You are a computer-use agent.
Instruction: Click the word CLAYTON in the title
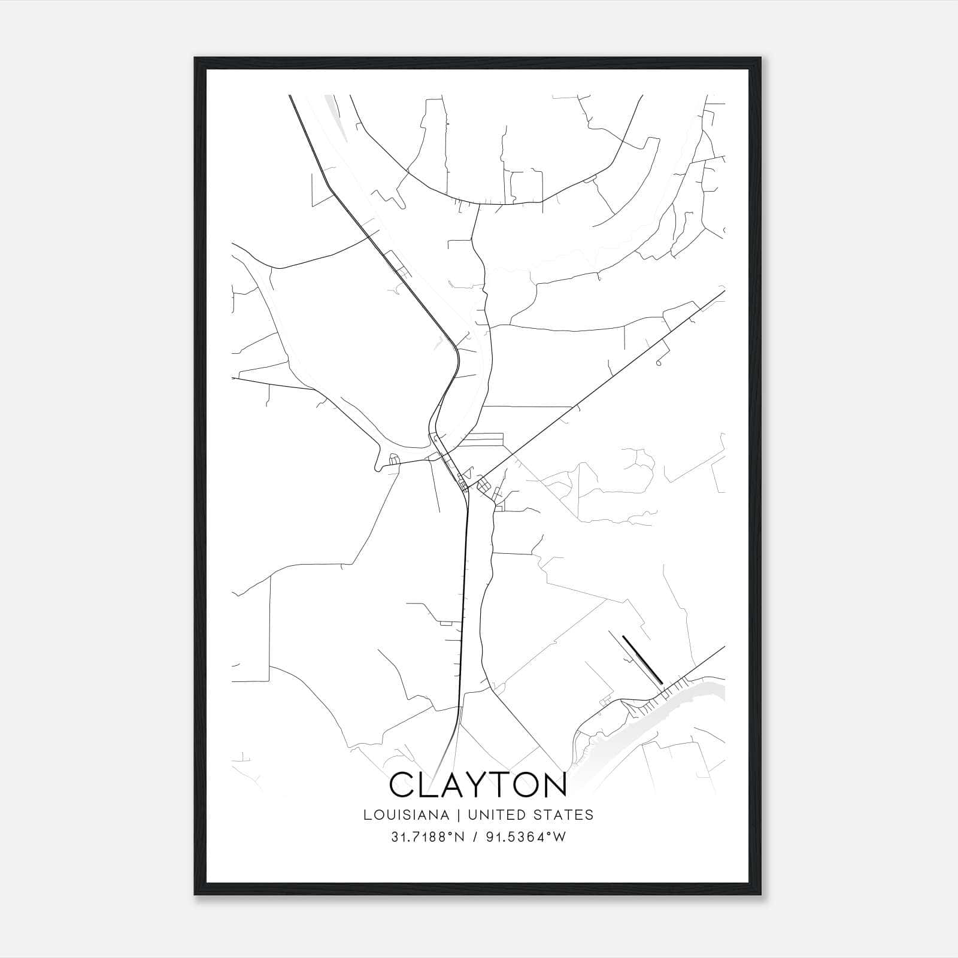[478, 786]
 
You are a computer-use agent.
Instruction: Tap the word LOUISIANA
[405, 815]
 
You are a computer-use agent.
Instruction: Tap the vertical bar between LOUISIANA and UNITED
[458, 815]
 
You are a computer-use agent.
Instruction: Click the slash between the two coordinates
[474, 837]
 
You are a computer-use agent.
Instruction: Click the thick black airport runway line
[642, 659]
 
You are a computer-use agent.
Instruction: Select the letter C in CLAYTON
[402, 786]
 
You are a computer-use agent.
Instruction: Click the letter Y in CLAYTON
[471, 786]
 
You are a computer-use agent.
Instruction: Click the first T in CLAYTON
[496, 786]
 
